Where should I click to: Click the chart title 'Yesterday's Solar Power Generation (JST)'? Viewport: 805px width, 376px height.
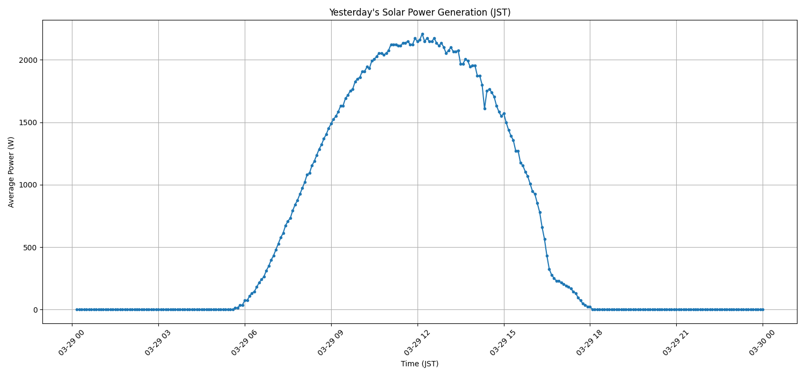[x=420, y=12]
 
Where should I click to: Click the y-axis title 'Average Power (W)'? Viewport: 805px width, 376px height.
[x=11, y=172]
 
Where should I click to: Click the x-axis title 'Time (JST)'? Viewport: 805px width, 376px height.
[x=420, y=364]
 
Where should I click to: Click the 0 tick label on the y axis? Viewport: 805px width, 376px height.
[x=35, y=310]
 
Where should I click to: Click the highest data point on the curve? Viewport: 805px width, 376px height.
[x=422, y=34]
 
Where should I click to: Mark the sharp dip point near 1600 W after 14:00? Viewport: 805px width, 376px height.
[x=485, y=109]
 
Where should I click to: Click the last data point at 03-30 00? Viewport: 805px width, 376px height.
[x=763, y=309]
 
